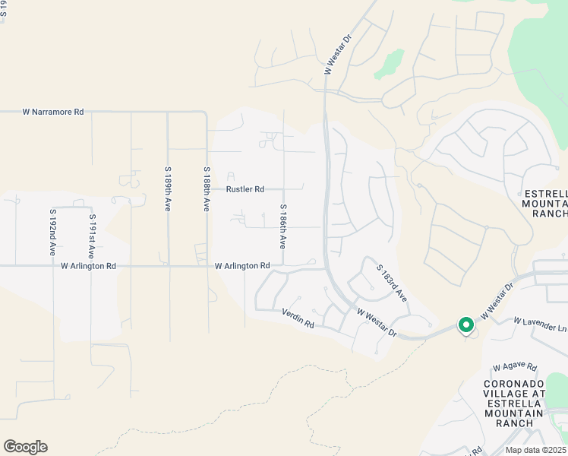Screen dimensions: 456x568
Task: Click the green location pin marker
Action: (465, 325)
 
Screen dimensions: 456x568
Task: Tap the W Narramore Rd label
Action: (53, 112)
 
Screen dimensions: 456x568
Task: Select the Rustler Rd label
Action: (245, 189)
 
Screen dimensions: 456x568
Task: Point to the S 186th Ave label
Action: (282, 226)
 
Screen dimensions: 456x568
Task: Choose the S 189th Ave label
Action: (168, 190)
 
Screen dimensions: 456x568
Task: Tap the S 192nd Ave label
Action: (53, 232)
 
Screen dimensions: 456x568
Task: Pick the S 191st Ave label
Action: (92, 236)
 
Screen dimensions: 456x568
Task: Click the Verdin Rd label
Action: (298, 318)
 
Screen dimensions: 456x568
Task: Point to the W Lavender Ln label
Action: (541, 325)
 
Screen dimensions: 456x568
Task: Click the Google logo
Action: (25, 447)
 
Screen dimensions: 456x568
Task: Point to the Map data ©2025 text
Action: (535, 450)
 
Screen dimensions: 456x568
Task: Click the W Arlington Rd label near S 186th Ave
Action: (242, 266)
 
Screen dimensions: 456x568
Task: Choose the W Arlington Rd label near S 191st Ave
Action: (89, 266)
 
